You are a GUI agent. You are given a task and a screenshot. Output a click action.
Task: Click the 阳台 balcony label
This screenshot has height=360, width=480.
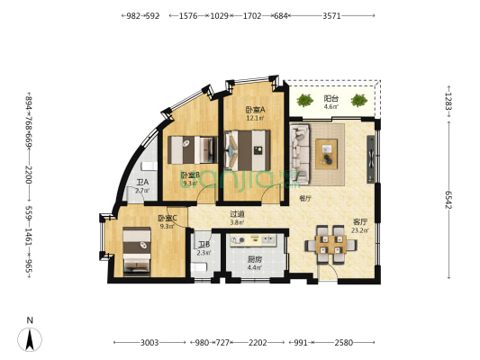point(330,98)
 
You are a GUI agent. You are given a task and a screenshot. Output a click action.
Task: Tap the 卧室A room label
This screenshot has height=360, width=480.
point(255,111)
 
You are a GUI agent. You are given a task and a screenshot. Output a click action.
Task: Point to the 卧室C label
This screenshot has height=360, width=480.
point(167,219)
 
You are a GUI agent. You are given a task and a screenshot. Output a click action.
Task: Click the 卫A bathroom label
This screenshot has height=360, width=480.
point(141,183)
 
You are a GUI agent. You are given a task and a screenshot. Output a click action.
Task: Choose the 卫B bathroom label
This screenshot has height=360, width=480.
point(204,246)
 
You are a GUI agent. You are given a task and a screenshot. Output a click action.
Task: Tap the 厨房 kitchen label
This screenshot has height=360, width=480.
point(255,259)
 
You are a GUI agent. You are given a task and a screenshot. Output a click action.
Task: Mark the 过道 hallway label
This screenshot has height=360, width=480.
point(237,214)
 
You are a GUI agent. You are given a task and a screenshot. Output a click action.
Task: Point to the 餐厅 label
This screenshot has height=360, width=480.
point(305,198)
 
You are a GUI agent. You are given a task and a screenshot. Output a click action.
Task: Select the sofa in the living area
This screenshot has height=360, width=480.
point(300,149)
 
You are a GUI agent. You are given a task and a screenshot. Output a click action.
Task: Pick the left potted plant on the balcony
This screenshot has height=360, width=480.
point(305,99)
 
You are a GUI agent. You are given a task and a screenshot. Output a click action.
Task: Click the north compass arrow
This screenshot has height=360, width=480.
point(31,338)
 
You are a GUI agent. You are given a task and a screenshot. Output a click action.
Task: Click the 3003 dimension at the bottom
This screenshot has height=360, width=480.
point(149,343)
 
